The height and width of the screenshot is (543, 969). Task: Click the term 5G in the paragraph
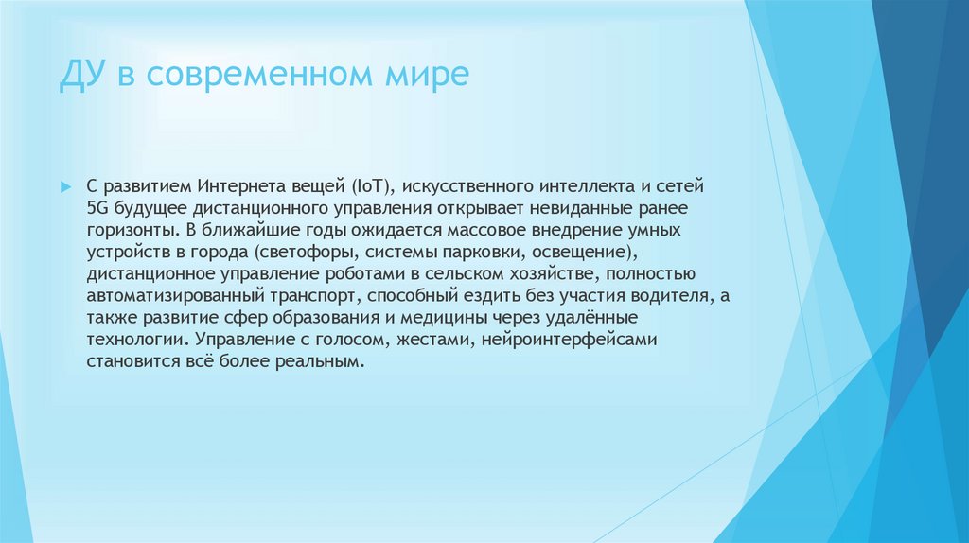click(x=97, y=207)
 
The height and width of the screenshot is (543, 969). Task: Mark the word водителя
click(x=673, y=296)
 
